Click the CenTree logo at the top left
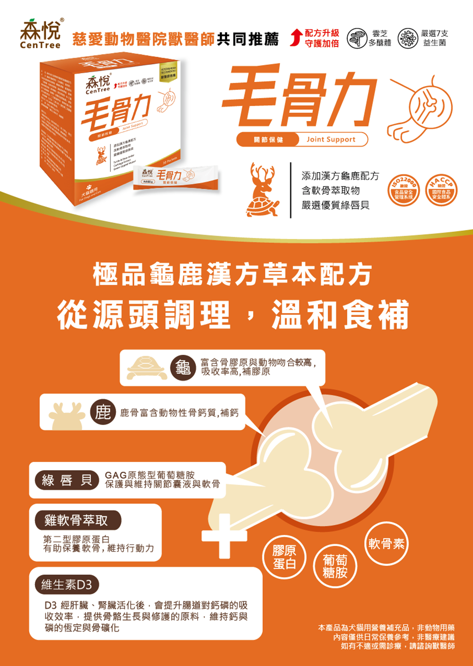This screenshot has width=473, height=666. pos(41,34)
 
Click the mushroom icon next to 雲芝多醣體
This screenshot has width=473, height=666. pos(358,38)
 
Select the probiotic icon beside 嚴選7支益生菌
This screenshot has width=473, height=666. pos(408,38)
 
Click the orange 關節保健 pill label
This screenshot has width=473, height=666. pos(268,140)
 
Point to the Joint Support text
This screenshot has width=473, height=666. pos(331,140)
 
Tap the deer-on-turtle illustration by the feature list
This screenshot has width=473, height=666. pos(261,191)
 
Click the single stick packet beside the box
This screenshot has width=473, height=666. pos(175,178)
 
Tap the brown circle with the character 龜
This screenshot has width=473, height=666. pos(183,368)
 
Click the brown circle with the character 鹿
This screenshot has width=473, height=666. pos(103,412)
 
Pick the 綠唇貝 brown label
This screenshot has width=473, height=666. pos(67,481)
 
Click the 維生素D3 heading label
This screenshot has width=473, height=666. pos(66,585)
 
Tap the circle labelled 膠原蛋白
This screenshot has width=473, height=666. pos(284,557)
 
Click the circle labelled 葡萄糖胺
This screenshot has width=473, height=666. pos(335,566)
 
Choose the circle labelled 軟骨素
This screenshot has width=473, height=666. pos(386,543)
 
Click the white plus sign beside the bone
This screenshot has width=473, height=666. pos(224,536)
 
